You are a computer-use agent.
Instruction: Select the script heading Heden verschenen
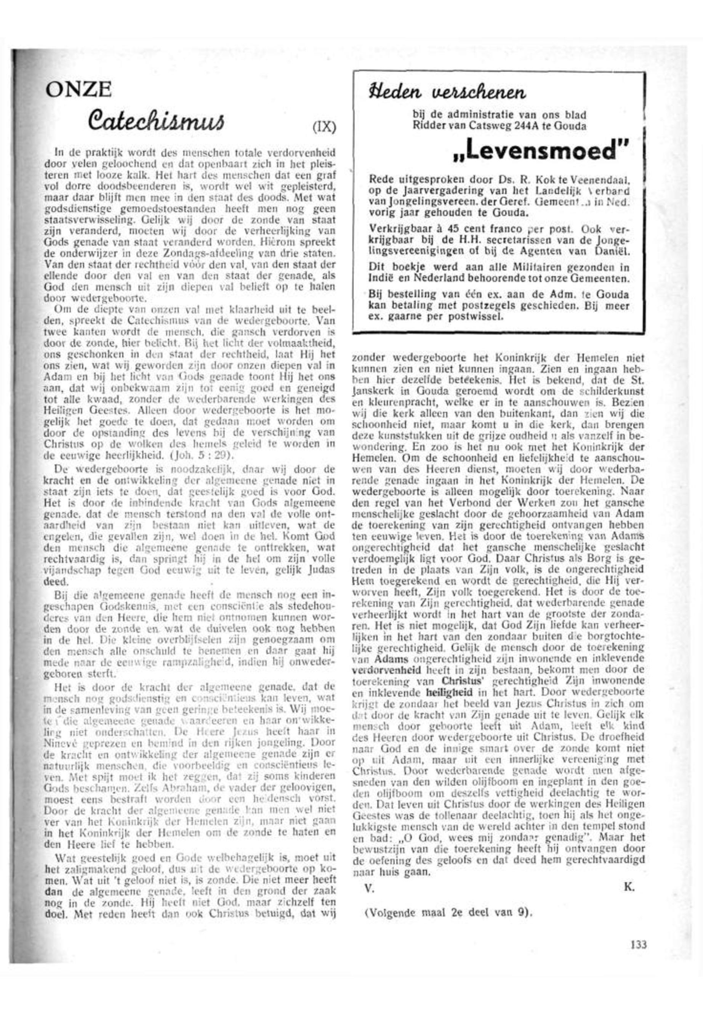tap(448, 93)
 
